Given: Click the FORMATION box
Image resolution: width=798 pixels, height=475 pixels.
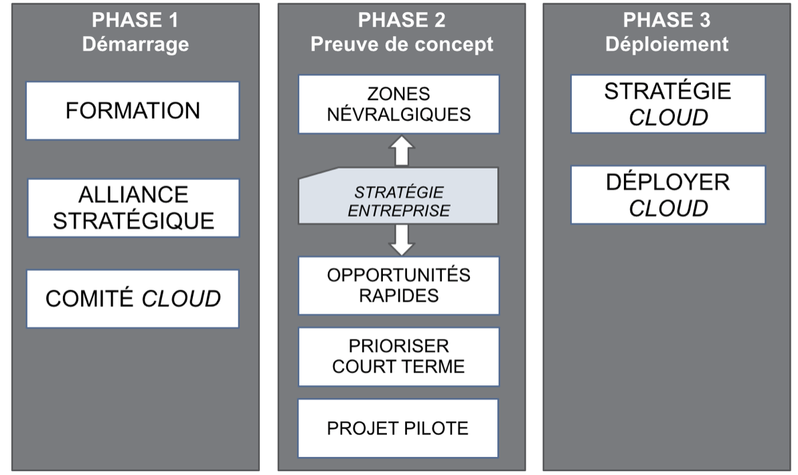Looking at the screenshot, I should coord(133,111).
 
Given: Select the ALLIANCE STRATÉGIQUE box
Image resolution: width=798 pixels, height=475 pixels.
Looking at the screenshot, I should coord(133,208).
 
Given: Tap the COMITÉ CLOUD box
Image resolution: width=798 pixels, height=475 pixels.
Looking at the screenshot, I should coord(133,299).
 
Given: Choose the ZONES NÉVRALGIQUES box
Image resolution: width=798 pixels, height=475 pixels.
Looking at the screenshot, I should coord(398,104).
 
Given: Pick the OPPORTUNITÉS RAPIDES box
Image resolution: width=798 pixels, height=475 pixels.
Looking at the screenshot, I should coord(398,286).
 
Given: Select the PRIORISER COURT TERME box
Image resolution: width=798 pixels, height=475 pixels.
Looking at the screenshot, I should coord(398,357).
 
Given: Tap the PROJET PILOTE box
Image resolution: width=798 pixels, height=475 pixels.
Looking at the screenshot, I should coord(398,428).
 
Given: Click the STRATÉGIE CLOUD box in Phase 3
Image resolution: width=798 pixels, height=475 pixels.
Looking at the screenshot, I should coord(667,104).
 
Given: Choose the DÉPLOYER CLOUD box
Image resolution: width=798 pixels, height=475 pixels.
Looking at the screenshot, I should coord(667,195).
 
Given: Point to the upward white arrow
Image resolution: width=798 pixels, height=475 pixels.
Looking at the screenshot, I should coord(401,151).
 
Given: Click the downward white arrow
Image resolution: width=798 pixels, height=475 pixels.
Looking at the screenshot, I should coord(401,240).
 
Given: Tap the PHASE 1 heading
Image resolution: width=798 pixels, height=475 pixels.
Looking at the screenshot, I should coord(135,20).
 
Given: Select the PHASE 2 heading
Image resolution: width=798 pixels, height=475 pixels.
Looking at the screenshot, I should coord(401,20).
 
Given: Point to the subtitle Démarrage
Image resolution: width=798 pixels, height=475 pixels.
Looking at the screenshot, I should coord(135,45).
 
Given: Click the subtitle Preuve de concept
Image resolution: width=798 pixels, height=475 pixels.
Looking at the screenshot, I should coord(401,45).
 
